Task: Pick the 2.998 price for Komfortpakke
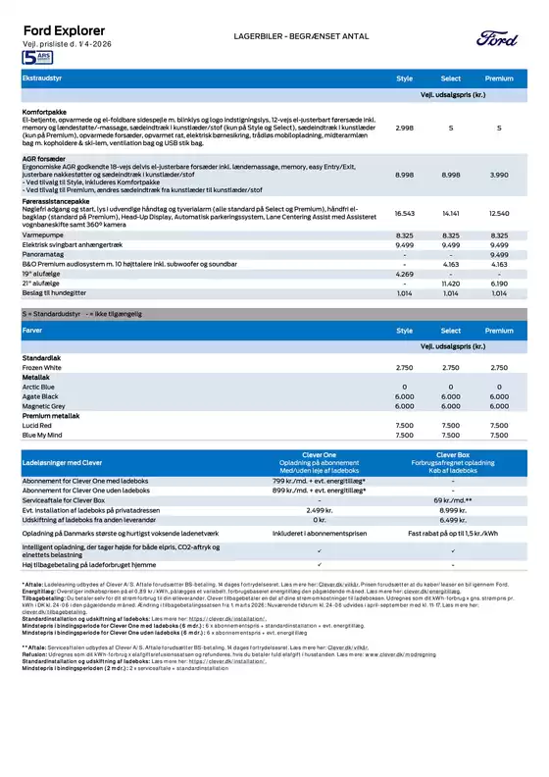click(x=404, y=129)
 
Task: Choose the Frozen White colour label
click(x=46, y=366)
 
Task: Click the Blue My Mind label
click(x=44, y=435)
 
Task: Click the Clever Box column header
click(x=452, y=454)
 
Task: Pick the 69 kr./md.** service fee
click(x=452, y=501)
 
